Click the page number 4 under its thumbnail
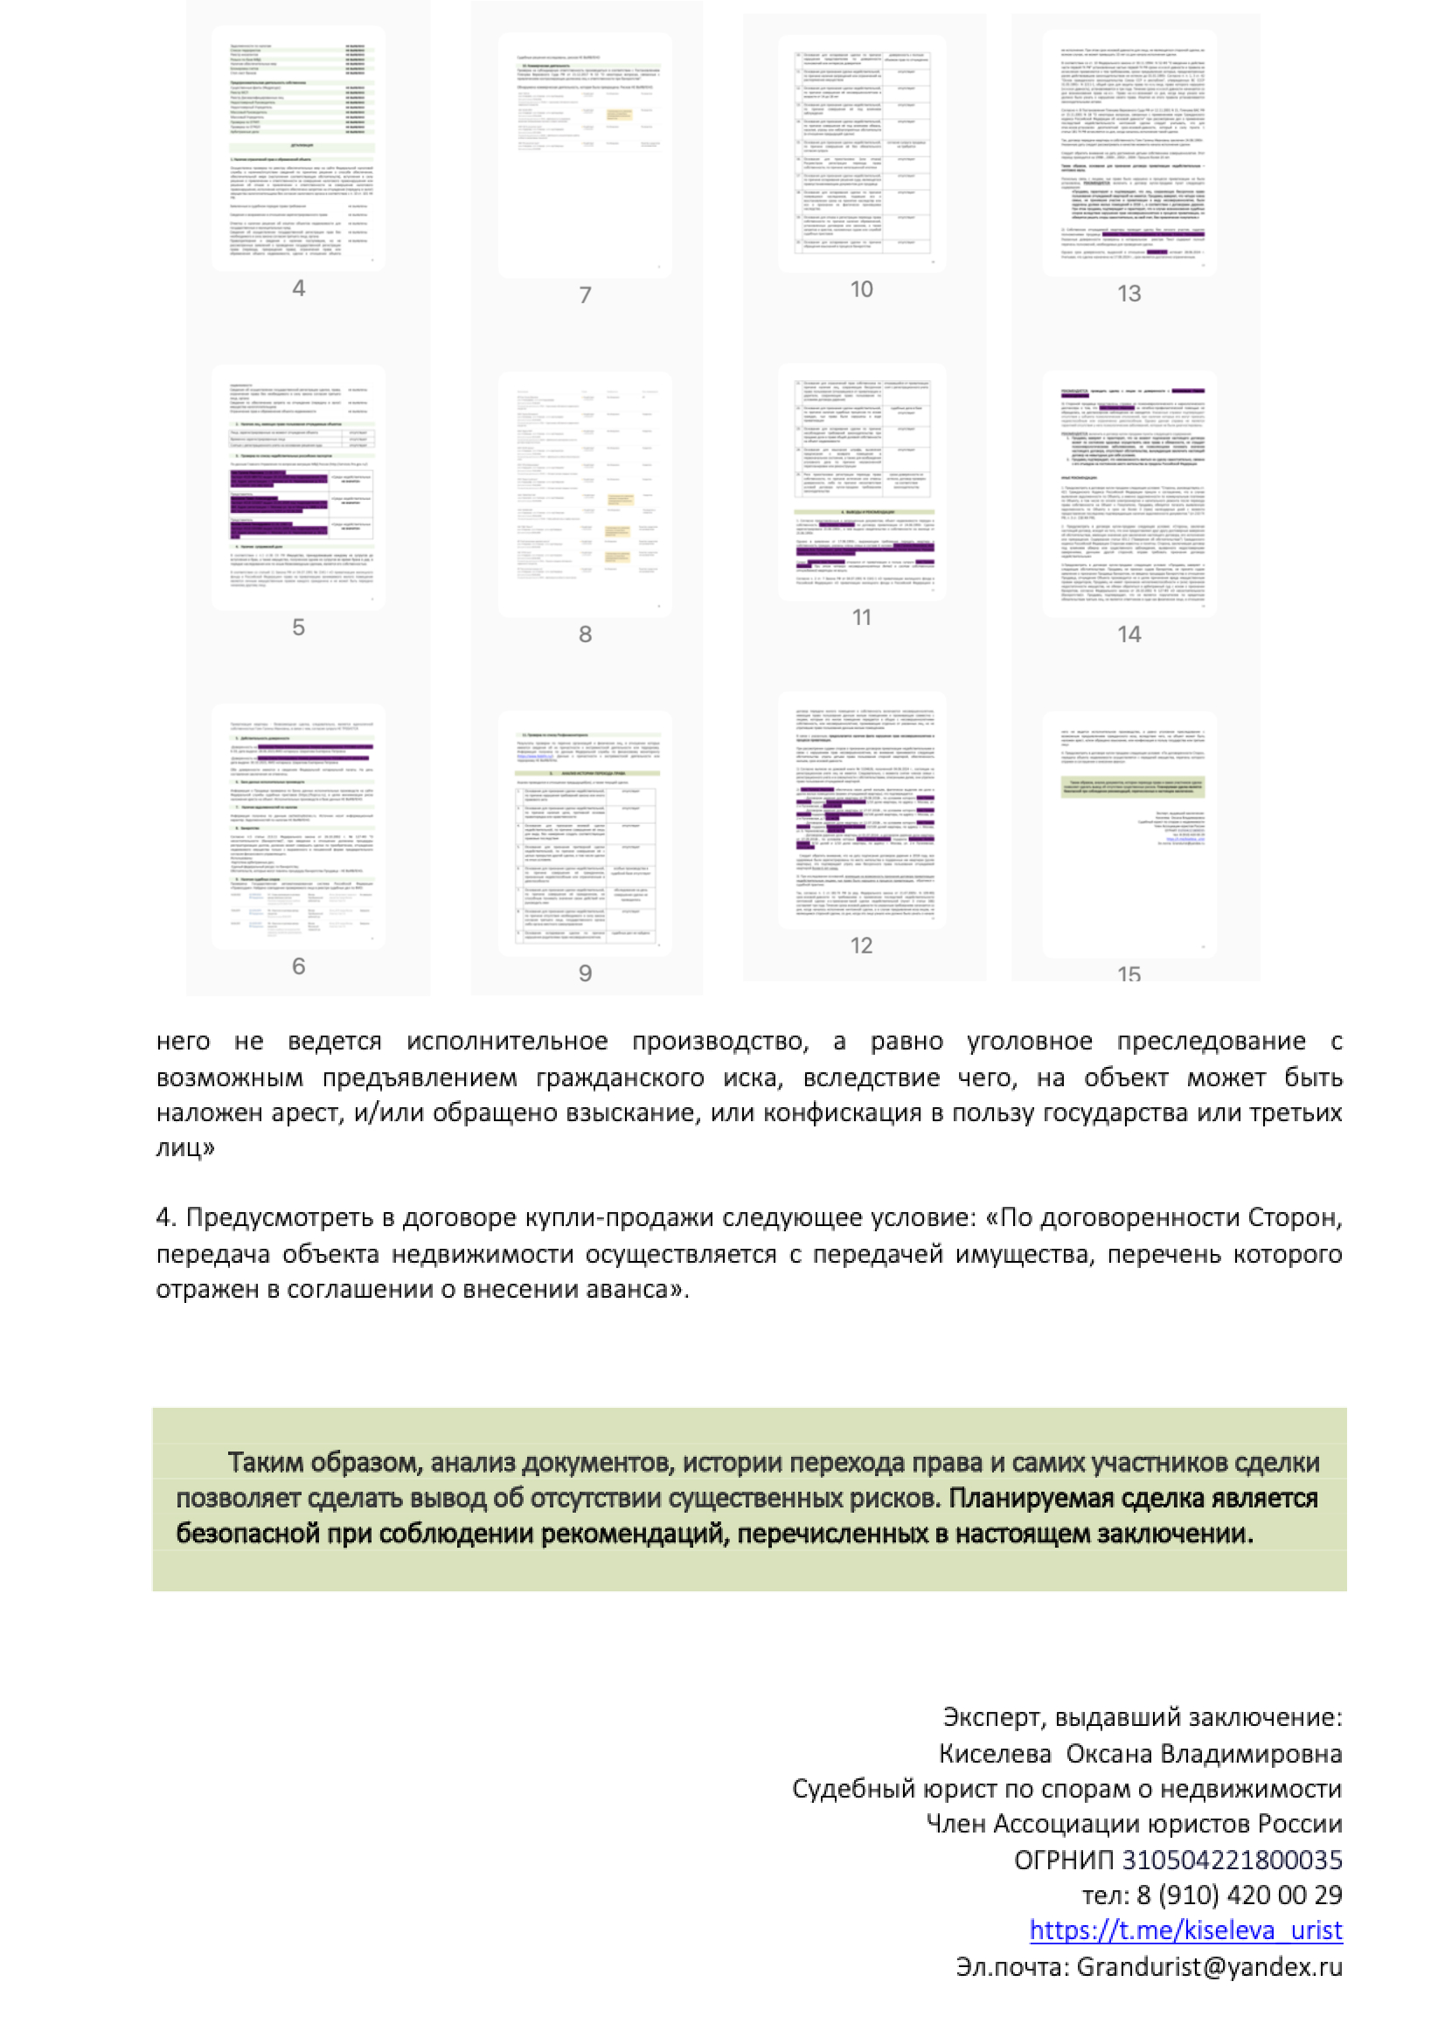click(298, 288)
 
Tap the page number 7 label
click(585, 295)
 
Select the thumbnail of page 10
click(861, 153)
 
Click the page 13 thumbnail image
click(1129, 153)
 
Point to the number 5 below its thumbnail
click(298, 627)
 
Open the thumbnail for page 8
click(585, 494)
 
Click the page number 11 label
click(861, 618)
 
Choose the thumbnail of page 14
click(1129, 494)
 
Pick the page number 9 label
click(585, 973)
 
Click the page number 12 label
click(861, 946)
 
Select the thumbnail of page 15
click(1129, 834)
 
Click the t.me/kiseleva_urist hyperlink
click(1185, 1930)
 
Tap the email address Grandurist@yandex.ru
click(1209, 1966)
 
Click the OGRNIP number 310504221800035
click(1232, 1860)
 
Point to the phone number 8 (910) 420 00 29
click(1240, 1895)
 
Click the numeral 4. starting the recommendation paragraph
click(165, 1218)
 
